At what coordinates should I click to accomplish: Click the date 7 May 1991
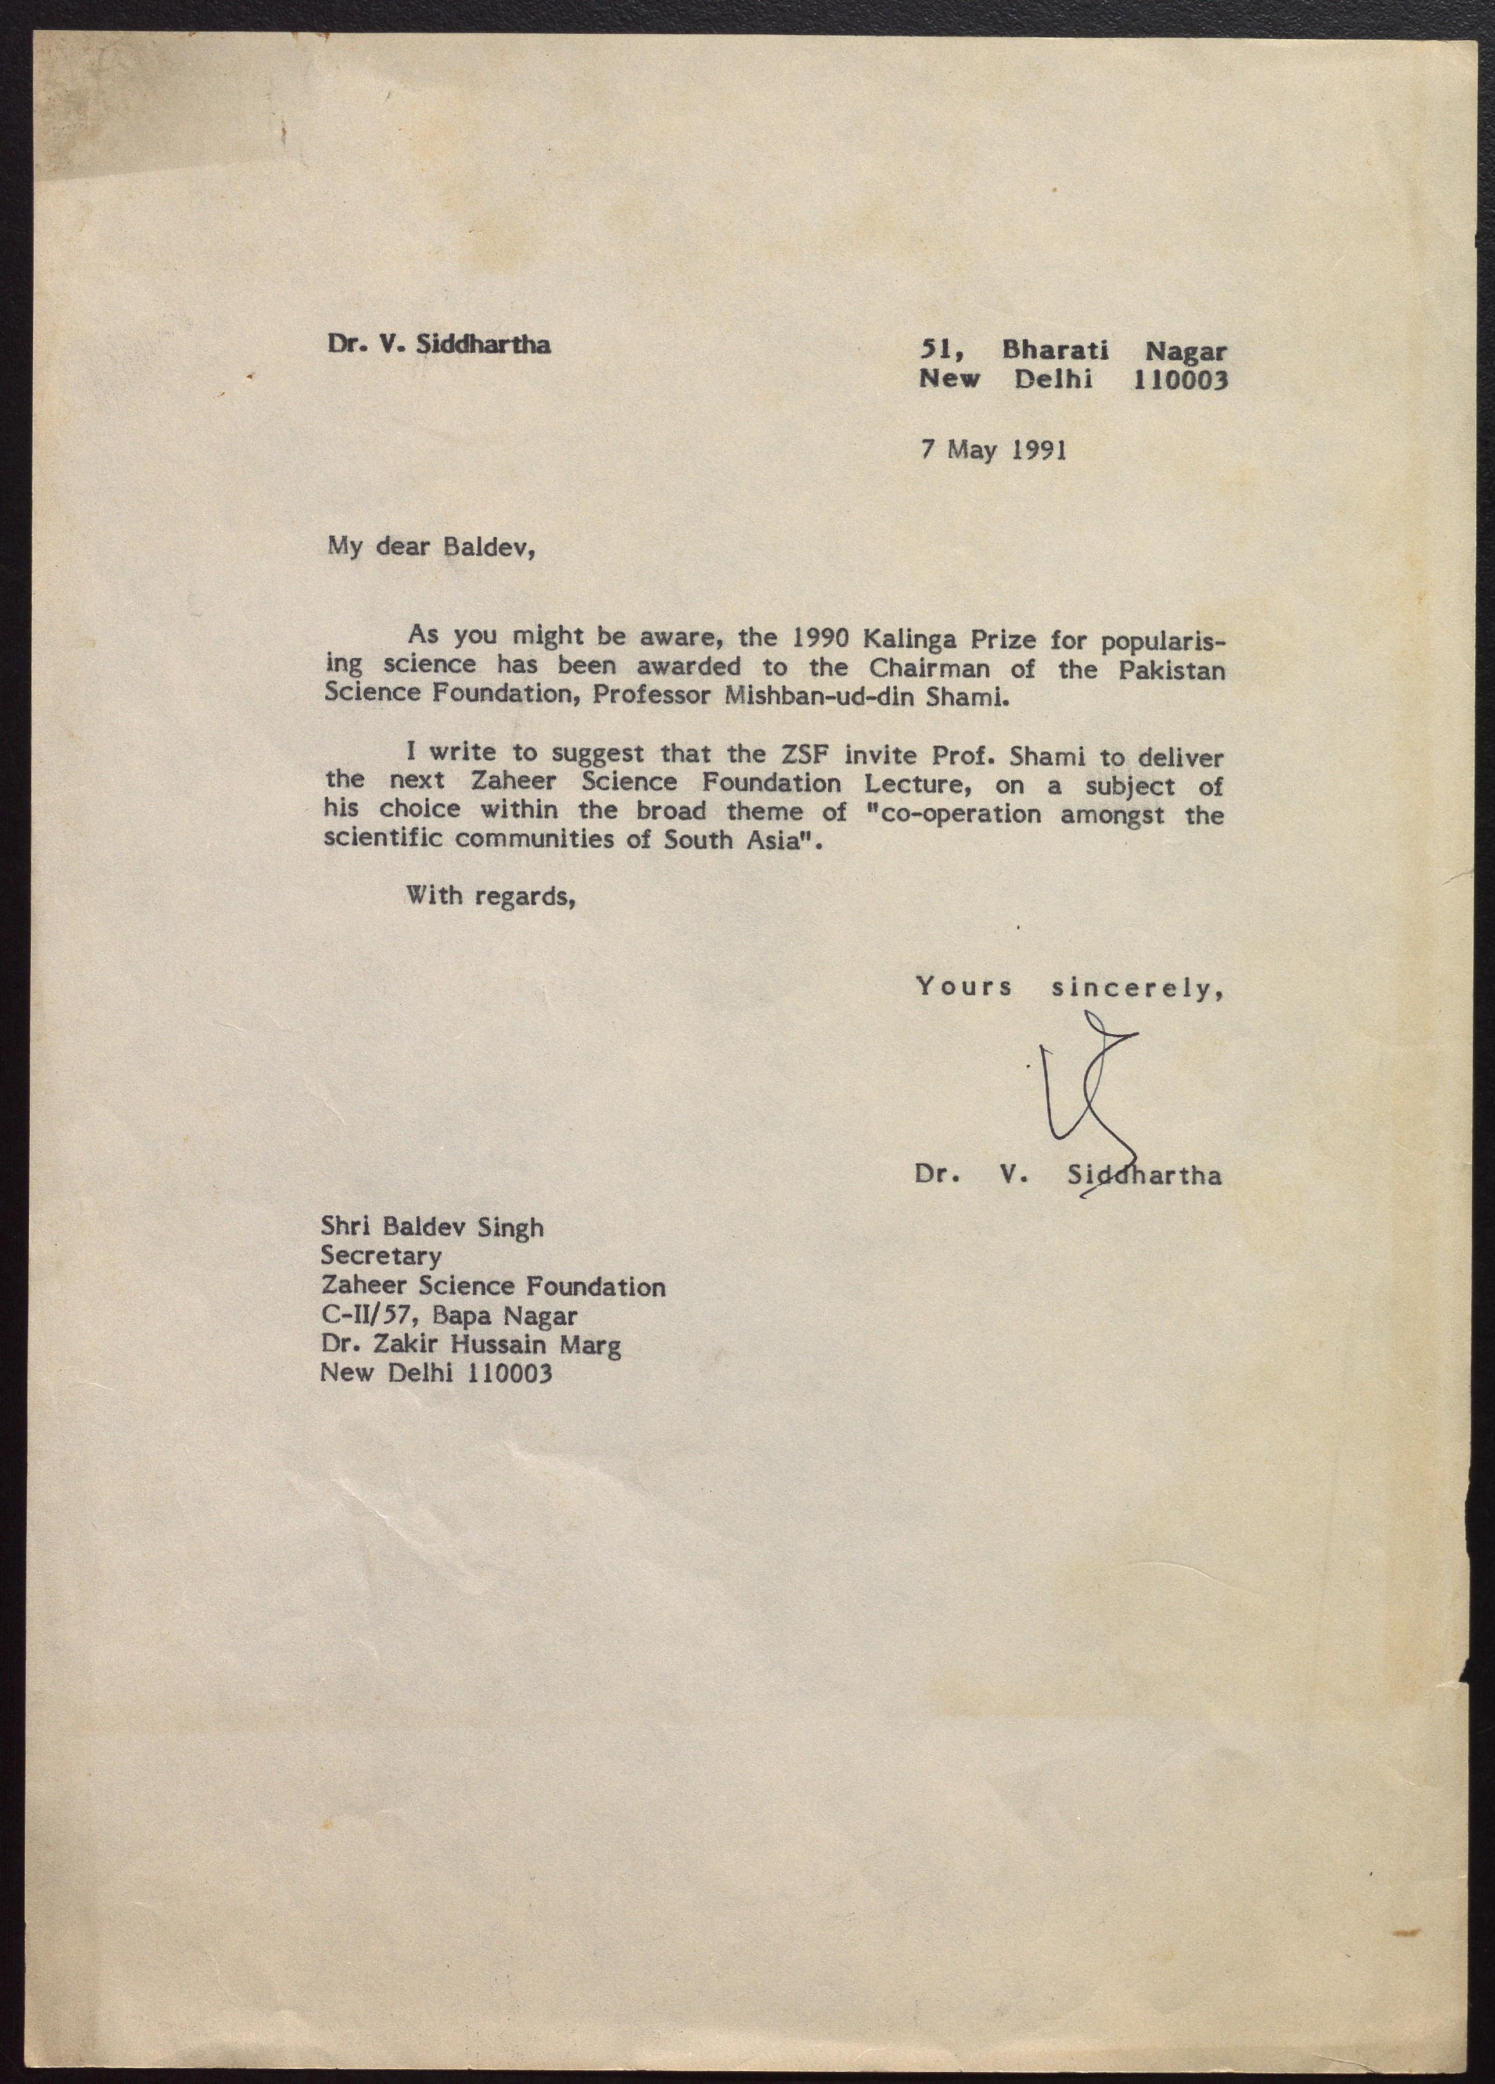pos(993,450)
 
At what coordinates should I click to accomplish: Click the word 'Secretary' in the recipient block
pos(380,1256)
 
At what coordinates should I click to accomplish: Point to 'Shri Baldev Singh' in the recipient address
pos(432,1228)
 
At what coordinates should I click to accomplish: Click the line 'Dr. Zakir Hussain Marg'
pos(470,1345)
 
